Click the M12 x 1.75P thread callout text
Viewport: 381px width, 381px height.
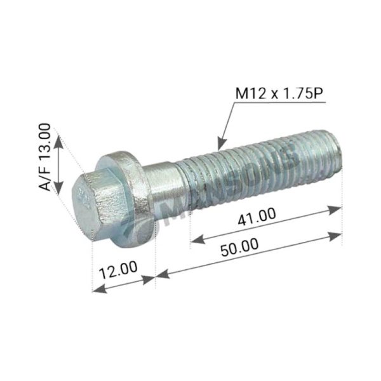click(280, 93)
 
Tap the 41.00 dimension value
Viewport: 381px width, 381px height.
click(257, 217)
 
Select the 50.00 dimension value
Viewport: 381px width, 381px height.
click(239, 247)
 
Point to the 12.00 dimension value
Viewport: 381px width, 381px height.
click(119, 270)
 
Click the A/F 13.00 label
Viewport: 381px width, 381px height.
click(44, 157)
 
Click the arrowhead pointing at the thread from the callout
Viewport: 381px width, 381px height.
click(222, 144)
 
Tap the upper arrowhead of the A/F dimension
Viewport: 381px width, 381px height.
click(58, 142)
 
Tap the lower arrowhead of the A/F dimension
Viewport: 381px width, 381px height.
click(58, 187)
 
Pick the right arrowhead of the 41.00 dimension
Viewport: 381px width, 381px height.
click(335, 210)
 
